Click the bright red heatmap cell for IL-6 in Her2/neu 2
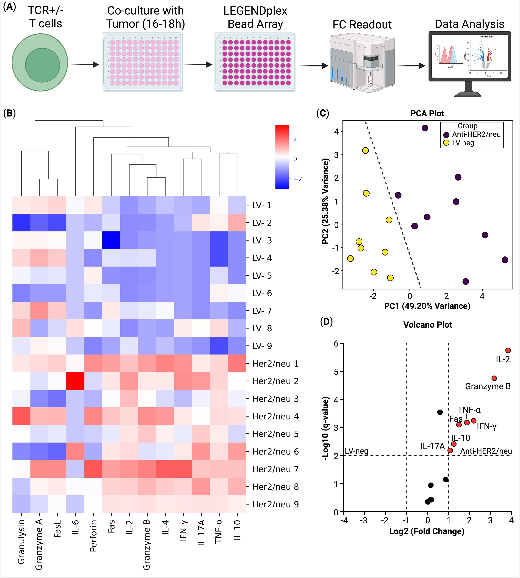[75, 381]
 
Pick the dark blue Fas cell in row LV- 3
[111, 240]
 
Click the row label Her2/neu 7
[275, 469]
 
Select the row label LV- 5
[262, 276]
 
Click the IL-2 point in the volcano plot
[508, 350]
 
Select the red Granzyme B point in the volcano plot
[494, 378]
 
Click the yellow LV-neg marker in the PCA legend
[446, 143]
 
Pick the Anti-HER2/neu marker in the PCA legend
[446, 135]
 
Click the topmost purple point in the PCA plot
[425, 128]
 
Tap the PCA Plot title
[427, 113]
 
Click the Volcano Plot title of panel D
[428, 325]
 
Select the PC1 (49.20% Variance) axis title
[427, 306]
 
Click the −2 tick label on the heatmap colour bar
[298, 179]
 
